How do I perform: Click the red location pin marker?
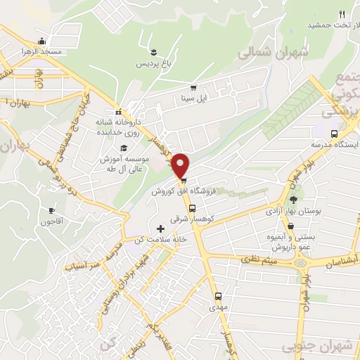(181, 165)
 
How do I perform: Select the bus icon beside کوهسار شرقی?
(192, 208)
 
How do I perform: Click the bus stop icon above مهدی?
(217, 296)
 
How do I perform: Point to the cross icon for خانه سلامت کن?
(161, 229)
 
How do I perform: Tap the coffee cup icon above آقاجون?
(51, 210)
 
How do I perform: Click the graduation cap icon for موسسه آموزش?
(124, 148)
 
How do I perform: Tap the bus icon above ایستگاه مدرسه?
(334, 133)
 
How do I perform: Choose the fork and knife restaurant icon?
(342, 13)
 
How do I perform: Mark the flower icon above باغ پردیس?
(153, 51)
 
